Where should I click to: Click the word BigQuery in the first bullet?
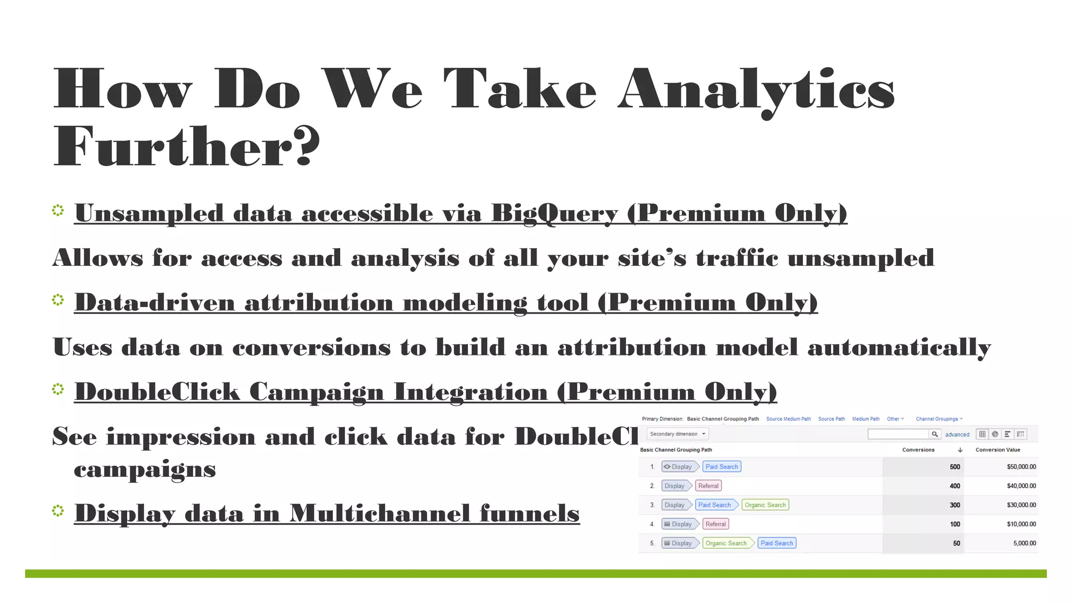554,214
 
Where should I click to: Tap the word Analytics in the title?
756,89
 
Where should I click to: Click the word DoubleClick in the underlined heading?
157,392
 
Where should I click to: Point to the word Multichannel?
379,513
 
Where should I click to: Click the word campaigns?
144,469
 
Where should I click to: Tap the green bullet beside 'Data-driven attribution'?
58,300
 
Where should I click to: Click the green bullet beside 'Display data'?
58,510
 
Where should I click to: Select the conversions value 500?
955,467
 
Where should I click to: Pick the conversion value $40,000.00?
1021,486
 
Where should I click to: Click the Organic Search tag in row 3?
765,505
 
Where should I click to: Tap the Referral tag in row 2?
708,486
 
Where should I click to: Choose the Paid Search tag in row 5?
777,543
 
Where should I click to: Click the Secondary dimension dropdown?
678,434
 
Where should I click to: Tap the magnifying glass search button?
935,434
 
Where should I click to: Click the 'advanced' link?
957,434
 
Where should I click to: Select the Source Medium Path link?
788,419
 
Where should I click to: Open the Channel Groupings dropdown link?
939,419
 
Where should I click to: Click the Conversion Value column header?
998,450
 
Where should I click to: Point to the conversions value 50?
956,543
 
